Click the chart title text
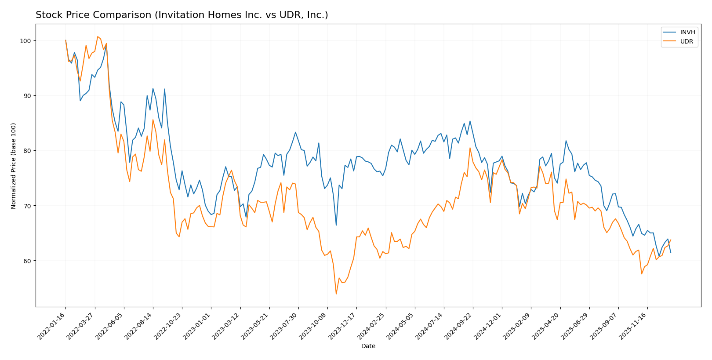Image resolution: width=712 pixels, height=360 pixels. click(x=182, y=15)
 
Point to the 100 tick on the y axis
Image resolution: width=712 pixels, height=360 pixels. click(x=27, y=41)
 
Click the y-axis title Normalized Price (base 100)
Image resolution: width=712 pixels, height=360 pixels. click(x=14, y=166)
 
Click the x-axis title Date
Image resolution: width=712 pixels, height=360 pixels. click(x=368, y=346)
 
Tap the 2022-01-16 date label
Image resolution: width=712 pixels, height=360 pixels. click(x=52, y=326)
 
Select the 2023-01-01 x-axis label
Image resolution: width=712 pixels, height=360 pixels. click(x=197, y=326)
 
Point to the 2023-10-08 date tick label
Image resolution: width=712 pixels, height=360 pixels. click(x=313, y=326)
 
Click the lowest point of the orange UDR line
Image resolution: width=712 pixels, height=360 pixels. click(x=336, y=294)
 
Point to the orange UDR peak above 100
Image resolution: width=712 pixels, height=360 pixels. click(x=98, y=36)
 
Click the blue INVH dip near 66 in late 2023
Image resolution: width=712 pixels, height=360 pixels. click(x=336, y=225)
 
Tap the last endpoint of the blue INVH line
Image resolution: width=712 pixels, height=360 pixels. click(x=671, y=252)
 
